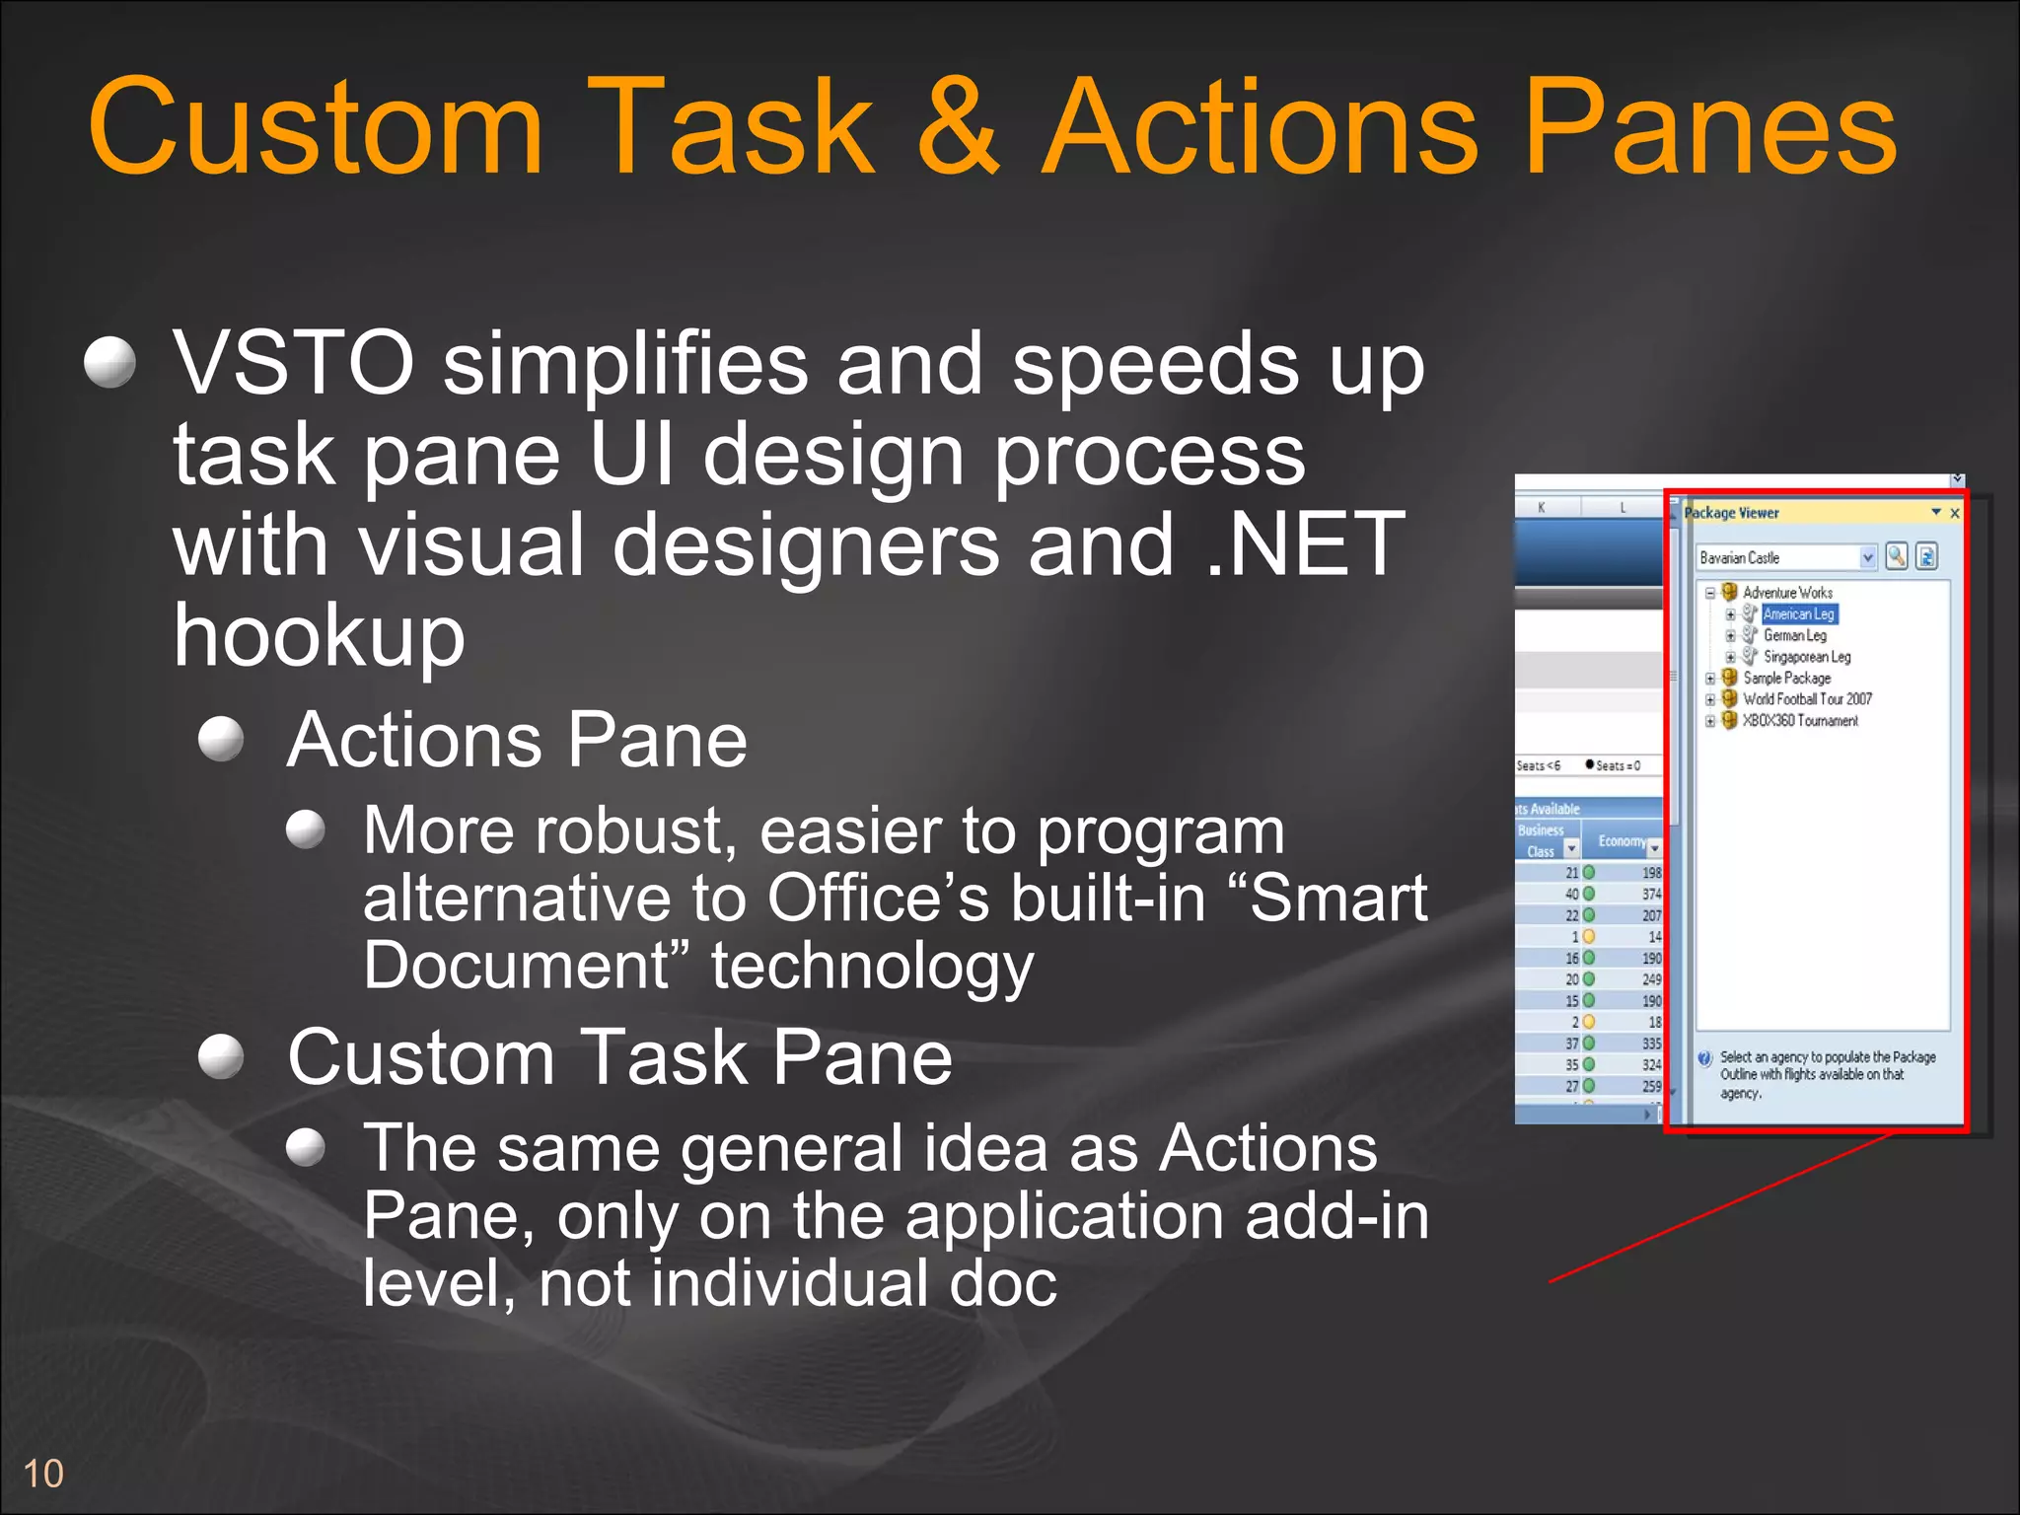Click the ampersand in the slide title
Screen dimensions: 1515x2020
pyautogui.click(x=959, y=128)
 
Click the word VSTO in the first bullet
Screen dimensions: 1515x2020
pyautogui.click(x=293, y=363)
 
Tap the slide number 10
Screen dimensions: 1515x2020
pyautogui.click(x=42, y=1474)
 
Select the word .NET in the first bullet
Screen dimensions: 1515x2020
pyautogui.click(x=1305, y=544)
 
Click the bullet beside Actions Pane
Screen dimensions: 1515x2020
pyautogui.click(x=221, y=739)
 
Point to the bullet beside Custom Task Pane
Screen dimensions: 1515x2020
pyautogui.click(x=221, y=1057)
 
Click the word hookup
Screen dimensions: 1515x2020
pyautogui.click(x=319, y=636)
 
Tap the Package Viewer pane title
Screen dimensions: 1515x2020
pyautogui.click(x=1731, y=513)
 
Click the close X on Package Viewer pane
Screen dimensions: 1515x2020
pyautogui.click(x=1954, y=513)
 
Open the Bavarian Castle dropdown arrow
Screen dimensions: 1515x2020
pyautogui.click(x=1867, y=558)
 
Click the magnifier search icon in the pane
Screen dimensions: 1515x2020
pyautogui.click(x=1896, y=556)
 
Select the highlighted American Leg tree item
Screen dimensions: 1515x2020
pyautogui.click(x=1798, y=614)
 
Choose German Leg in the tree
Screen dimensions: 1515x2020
pyautogui.click(x=1794, y=636)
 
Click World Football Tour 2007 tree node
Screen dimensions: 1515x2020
pyautogui.click(x=1806, y=699)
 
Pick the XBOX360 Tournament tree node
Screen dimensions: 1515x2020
pyautogui.click(x=1799, y=721)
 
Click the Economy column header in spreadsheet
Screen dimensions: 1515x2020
pyautogui.click(x=1621, y=841)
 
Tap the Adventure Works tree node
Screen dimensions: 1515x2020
pyautogui.click(x=1786, y=593)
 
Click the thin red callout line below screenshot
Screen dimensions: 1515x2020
pyautogui.click(x=1721, y=1209)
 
